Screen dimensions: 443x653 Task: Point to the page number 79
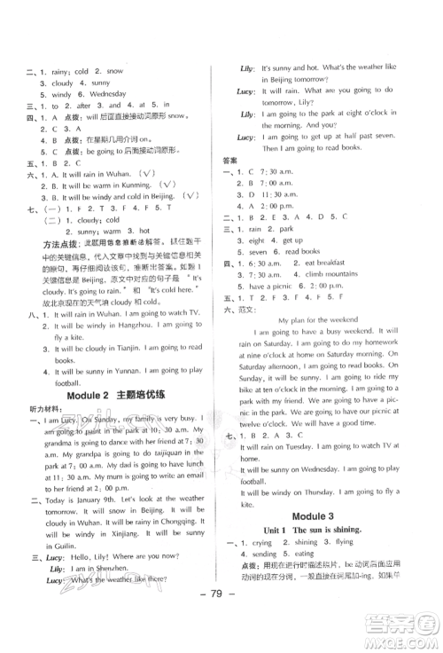tap(221, 620)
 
